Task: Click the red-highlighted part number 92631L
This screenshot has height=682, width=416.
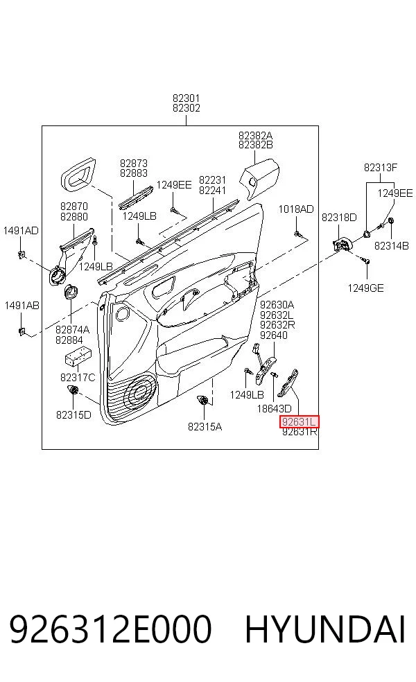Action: pyautogui.click(x=299, y=421)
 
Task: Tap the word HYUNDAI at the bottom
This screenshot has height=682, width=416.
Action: pyautogui.click(x=325, y=629)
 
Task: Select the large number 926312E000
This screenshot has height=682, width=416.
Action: pyautogui.click(x=110, y=629)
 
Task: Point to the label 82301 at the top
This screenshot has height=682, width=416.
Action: pyautogui.click(x=187, y=98)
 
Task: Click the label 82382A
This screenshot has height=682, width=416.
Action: pyautogui.click(x=255, y=136)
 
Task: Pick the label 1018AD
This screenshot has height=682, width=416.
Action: pyautogui.click(x=296, y=209)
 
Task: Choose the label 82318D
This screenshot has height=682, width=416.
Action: pyautogui.click(x=339, y=218)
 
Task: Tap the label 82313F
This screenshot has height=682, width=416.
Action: pyautogui.click(x=381, y=168)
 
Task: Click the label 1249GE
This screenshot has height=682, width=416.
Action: pyautogui.click(x=365, y=288)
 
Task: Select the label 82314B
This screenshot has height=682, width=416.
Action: pyautogui.click(x=392, y=246)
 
